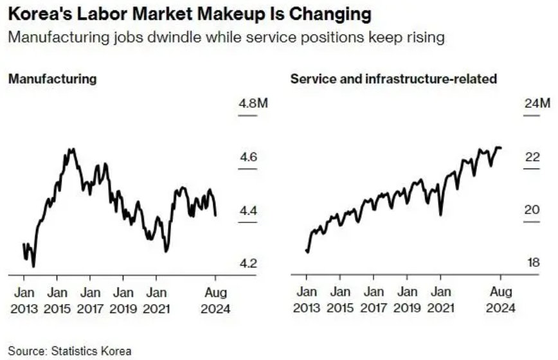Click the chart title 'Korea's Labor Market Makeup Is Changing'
point(190,14)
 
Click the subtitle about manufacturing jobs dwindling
point(226,37)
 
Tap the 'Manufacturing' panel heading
point(52,78)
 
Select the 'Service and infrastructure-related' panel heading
point(393,78)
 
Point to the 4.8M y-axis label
point(253,104)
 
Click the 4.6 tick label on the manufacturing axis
point(248,157)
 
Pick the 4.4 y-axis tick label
point(248,211)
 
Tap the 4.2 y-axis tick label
point(248,264)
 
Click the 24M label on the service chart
point(537,103)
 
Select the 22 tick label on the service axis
point(532,156)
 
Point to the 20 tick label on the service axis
point(532,210)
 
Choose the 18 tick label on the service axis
point(534,262)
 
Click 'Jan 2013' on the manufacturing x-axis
point(24,301)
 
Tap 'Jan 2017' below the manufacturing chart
point(90,301)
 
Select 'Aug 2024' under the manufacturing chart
point(215,301)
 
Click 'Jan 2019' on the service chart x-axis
point(407,300)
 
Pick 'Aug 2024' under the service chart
point(501,300)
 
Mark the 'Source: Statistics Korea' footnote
point(69,351)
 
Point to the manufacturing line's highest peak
point(71,149)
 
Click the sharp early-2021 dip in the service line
point(440,215)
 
